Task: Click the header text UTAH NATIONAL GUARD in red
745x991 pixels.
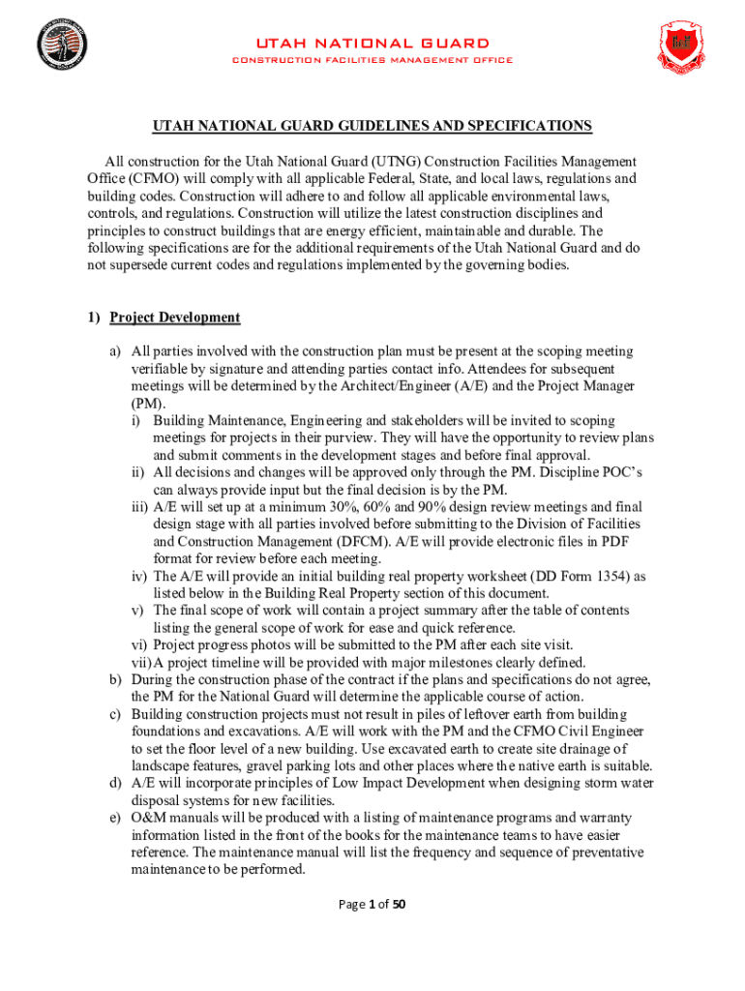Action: (372, 44)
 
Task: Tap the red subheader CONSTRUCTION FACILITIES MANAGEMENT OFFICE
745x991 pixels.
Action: (372, 60)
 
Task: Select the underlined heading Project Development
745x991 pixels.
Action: (174, 317)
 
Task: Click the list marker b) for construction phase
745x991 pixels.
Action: (114, 680)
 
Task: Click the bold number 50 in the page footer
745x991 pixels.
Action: (398, 904)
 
